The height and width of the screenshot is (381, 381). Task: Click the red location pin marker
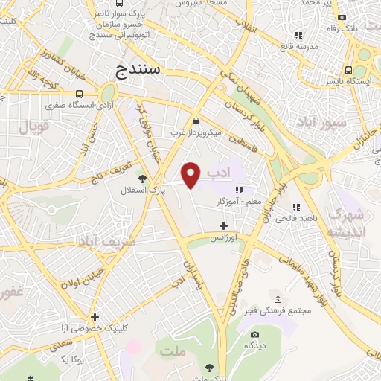(x=192, y=175)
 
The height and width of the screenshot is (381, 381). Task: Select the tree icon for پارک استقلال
(x=142, y=178)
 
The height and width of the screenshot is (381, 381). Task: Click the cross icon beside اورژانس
(x=224, y=225)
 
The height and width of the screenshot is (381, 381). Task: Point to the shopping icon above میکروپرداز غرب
(x=195, y=121)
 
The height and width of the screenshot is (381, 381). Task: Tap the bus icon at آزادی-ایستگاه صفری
(x=80, y=94)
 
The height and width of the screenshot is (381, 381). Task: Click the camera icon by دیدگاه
(x=254, y=335)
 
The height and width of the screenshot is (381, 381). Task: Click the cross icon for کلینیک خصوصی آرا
(x=95, y=317)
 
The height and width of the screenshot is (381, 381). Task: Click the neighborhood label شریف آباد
(x=109, y=243)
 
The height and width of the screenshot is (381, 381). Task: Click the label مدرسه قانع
(x=298, y=46)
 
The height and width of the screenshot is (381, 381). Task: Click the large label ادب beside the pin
(x=216, y=173)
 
